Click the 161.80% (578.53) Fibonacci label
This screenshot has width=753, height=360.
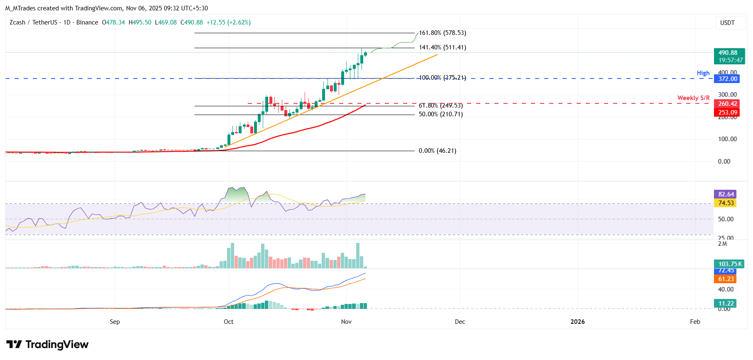tap(442, 33)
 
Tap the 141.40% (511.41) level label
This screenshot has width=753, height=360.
tap(442, 47)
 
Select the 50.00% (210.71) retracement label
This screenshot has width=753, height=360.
tap(440, 114)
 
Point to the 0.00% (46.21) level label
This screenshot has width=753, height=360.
tap(437, 151)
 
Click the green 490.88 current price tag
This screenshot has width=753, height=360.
tap(729, 56)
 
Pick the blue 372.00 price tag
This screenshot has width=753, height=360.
tap(728, 79)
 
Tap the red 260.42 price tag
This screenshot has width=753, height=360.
tap(728, 104)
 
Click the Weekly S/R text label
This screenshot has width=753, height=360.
tap(693, 98)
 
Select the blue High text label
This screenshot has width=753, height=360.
tap(703, 73)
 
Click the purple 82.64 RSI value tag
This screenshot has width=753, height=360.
tap(726, 194)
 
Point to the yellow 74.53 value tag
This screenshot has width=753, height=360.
tap(726, 203)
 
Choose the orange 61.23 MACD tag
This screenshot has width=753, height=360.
tap(726, 279)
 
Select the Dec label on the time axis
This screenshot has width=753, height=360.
tap(460, 322)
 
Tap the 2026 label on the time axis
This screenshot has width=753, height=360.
tap(577, 322)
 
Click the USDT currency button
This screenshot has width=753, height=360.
tap(727, 23)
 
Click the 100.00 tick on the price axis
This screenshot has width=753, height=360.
tap(727, 139)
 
